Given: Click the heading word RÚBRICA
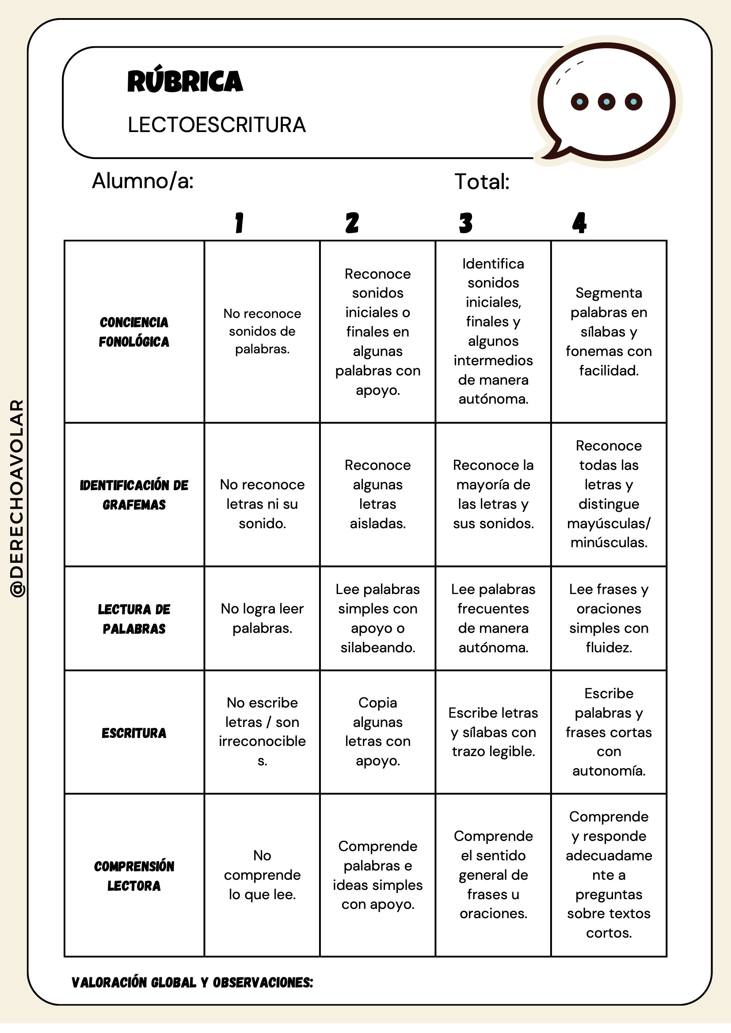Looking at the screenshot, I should [185, 81].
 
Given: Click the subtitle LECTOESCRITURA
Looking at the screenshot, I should [217, 125].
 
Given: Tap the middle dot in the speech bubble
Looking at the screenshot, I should [606, 102].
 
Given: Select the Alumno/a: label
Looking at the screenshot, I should [143, 181].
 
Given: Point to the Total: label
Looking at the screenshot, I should [482, 182].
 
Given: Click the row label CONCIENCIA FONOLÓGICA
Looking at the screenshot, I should [134, 332].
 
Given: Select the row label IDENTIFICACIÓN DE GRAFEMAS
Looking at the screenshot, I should [134, 495].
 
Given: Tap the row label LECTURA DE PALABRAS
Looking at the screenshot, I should [134, 619].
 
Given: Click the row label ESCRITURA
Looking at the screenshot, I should [134, 733].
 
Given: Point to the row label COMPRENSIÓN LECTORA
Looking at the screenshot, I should [134, 875].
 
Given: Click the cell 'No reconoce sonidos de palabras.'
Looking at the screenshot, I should [263, 331].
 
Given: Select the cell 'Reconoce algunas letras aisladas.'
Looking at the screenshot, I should [377, 494].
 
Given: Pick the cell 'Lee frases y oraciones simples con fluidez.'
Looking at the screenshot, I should [609, 618].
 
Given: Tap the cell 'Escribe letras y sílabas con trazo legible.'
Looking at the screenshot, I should [493, 732].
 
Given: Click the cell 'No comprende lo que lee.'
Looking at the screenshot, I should [263, 874].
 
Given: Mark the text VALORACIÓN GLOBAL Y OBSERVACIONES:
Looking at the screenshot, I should [192, 983].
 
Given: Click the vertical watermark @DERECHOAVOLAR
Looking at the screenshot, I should [17, 499].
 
